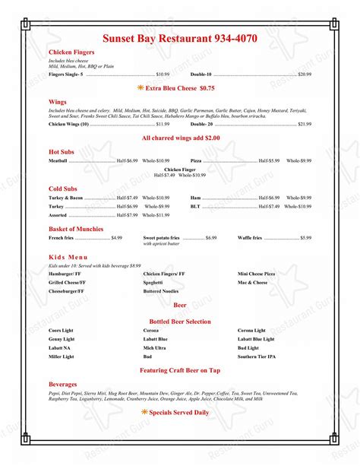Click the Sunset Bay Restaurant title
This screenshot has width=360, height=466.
180,38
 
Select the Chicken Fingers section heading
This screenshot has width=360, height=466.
71,52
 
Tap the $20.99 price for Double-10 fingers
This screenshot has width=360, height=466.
304,74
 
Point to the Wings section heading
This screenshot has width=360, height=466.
58,101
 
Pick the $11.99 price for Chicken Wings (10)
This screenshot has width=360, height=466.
163,123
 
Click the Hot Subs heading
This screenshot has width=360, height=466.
63,151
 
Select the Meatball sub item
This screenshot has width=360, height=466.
58,161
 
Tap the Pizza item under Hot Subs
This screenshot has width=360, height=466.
196,161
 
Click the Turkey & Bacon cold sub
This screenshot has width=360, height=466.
66,198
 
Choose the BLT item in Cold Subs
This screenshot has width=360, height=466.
195,206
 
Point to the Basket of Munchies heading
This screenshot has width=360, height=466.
76,229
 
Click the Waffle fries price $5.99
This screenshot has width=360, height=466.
305,239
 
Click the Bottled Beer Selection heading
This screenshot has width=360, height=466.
180,322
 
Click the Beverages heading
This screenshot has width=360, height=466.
63,385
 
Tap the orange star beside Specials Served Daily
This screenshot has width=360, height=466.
144,412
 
